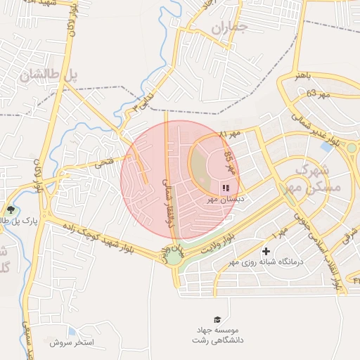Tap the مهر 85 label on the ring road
(x=229, y=164)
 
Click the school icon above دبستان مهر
(x=225, y=188)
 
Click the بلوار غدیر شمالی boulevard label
(x=327, y=134)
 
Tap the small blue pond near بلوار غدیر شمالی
(x=326, y=148)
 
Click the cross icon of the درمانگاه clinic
(x=266, y=251)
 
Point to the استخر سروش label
(x=72, y=343)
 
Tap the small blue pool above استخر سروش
(x=72, y=331)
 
